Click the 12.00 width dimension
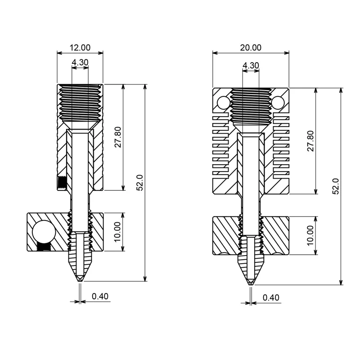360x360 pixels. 80,47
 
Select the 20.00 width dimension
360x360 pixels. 251,47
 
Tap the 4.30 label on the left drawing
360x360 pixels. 80,63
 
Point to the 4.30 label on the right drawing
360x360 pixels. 251,65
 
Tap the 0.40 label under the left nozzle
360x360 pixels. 100,296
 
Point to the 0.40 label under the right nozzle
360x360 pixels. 271,297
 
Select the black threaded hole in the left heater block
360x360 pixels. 43,247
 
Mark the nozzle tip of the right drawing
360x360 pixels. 251,283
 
